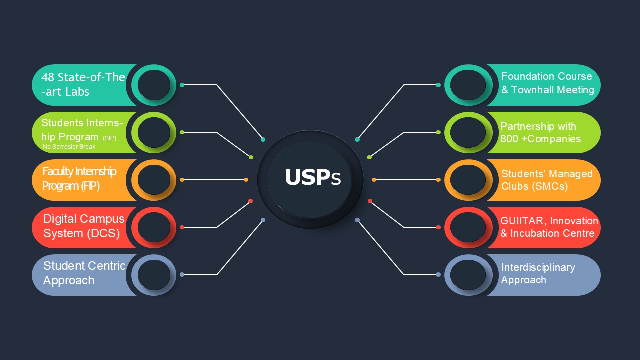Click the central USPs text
point(312,178)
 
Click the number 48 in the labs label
point(48,77)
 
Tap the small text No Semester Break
point(69,147)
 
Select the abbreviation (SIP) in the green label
point(109,138)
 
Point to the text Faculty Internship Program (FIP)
point(79,179)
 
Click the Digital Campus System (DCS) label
point(83,226)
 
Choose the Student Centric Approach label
point(83,273)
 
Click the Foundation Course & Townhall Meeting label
point(547,83)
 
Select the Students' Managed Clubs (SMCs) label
point(547,180)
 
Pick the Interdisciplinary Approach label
point(538,273)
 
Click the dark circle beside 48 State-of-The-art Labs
point(154,85)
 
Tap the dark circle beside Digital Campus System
point(154,227)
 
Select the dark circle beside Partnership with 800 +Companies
point(468,132)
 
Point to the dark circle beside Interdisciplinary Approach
point(468,275)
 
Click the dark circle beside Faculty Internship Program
point(154,180)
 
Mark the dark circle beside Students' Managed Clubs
point(468,180)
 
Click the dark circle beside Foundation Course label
point(468,85)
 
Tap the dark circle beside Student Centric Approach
point(154,275)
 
